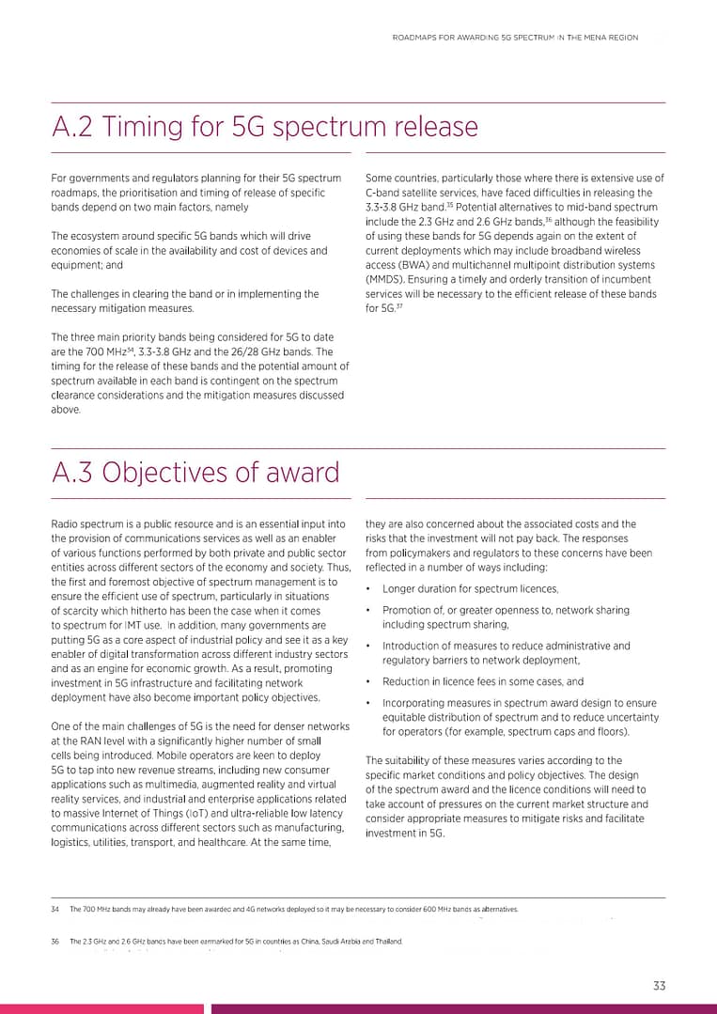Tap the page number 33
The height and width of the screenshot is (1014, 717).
[659, 985]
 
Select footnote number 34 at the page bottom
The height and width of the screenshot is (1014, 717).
[55, 910]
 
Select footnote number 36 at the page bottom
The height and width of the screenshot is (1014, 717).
[55, 941]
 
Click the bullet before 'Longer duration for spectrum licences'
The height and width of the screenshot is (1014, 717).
[368, 589]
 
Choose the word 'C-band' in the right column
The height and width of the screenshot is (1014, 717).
[382, 193]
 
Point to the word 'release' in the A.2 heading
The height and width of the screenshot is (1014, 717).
[431, 127]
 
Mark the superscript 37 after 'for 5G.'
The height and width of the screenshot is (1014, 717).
[398, 306]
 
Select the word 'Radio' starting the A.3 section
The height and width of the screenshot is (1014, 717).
[65, 523]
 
